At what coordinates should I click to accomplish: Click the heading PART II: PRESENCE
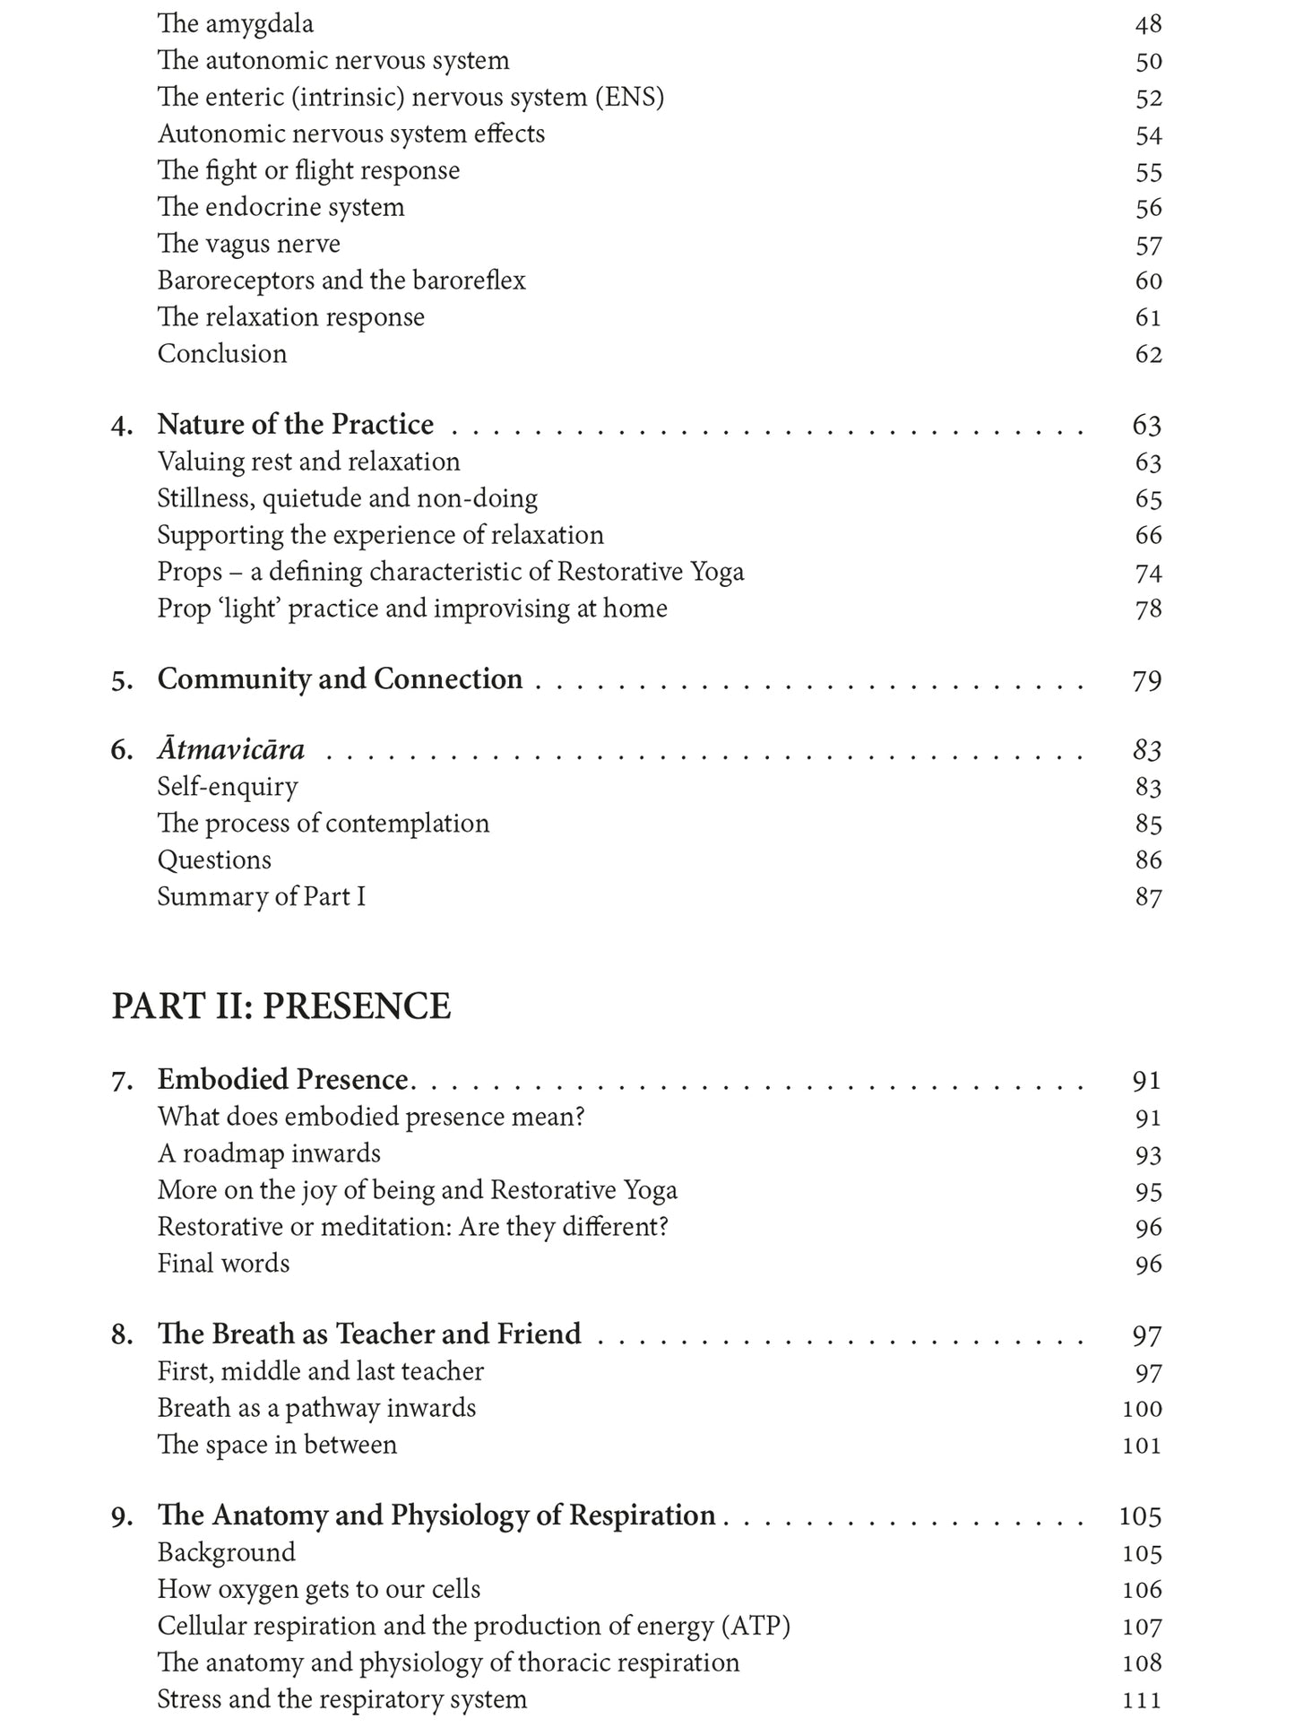pyautogui.click(x=281, y=1006)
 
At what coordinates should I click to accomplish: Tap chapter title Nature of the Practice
pyautogui.click(x=295, y=424)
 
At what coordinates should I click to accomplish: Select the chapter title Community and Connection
pyautogui.click(x=340, y=678)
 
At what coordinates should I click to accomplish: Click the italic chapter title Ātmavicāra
pyautogui.click(x=230, y=749)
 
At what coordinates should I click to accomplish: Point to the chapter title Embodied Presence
pyautogui.click(x=282, y=1080)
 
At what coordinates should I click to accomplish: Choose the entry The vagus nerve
pyautogui.click(x=248, y=244)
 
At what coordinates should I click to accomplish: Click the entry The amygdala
pyautogui.click(x=235, y=23)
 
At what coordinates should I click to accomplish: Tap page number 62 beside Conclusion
pyautogui.click(x=1148, y=354)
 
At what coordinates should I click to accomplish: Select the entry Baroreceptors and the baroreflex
pyautogui.click(x=341, y=281)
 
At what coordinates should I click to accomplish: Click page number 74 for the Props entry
pyautogui.click(x=1148, y=573)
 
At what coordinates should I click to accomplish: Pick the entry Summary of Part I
pyautogui.click(x=261, y=896)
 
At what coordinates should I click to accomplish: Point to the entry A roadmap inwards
pyautogui.click(x=269, y=1153)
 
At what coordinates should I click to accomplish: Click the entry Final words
pyautogui.click(x=223, y=1264)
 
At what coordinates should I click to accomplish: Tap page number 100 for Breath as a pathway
pyautogui.click(x=1142, y=1409)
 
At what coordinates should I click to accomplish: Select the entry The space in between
pyautogui.click(x=276, y=1445)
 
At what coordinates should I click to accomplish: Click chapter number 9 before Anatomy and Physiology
pyautogui.click(x=121, y=1516)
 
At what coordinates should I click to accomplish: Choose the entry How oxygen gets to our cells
pyautogui.click(x=318, y=1589)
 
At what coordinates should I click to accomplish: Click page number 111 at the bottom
pyautogui.click(x=1142, y=1699)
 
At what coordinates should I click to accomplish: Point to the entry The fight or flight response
pyautogui.click(x=308, y=170)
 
